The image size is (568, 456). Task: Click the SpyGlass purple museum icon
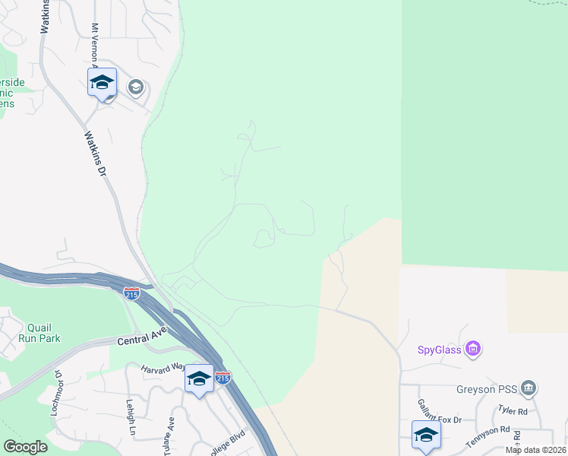(473, 350)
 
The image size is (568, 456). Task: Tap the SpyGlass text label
(439, 350)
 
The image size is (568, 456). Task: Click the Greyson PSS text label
(487, 390)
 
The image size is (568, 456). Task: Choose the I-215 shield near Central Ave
(132, 294)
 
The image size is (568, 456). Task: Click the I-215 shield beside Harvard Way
(222, 377)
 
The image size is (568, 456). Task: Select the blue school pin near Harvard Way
(199, 379)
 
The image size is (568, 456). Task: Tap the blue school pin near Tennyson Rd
(426, 436)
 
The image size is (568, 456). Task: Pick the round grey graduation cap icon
(136, 87)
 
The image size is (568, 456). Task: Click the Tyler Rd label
(513, 411)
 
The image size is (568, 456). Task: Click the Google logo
(25, 446)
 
